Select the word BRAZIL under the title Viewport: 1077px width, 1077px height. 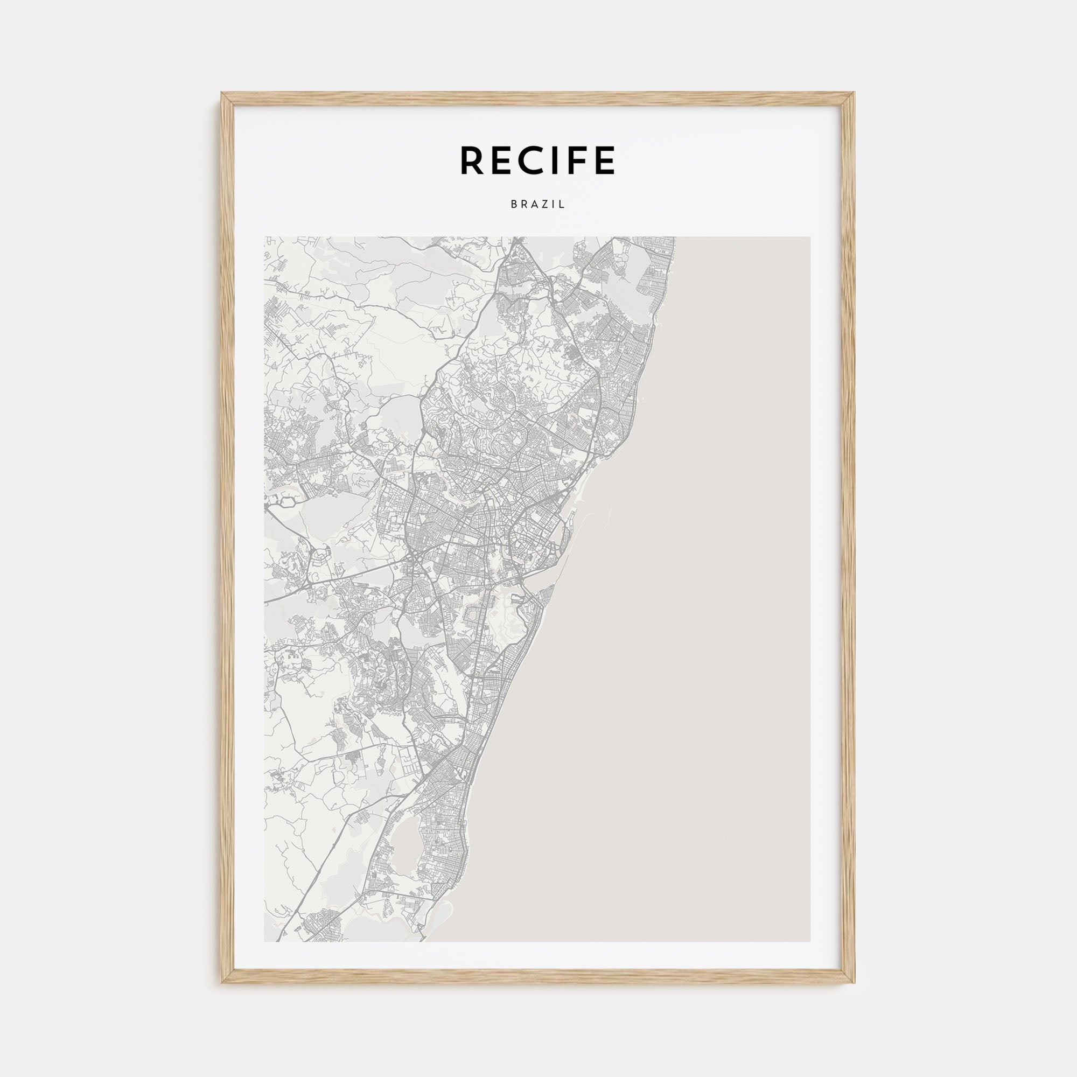(x=538, y=205)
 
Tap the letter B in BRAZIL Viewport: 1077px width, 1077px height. (x=513, y=205)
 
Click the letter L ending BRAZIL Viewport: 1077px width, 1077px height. (x=563, y=205)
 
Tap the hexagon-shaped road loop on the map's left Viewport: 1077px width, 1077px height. (x=287, y=501)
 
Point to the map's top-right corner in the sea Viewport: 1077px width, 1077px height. (x=808, y=239)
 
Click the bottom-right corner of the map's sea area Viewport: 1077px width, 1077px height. (x=808, y=939)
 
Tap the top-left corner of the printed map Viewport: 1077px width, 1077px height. (x=266, y=239)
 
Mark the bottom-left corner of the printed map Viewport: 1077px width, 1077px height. (x=266, y=939)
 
